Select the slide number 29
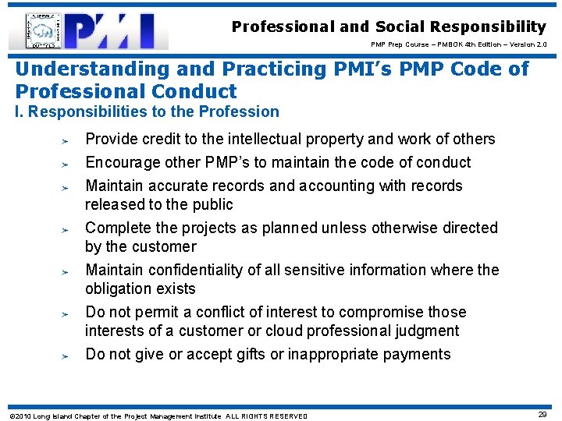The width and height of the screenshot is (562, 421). pos(543,415)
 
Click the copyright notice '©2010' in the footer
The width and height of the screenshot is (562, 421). pos(16,416)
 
